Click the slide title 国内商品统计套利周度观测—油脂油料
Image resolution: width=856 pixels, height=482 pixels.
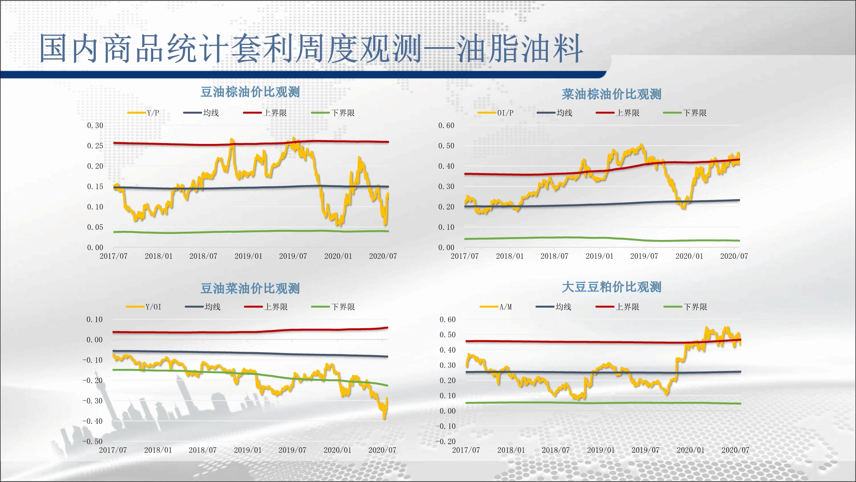pos(311,48)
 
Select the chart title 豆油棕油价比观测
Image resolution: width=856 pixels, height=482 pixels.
pos(250,92)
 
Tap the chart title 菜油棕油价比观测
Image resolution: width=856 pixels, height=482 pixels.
pos(611,94)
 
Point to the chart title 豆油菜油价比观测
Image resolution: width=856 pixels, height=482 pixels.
pos(250,288)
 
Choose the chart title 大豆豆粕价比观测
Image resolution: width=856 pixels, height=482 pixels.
pos(611,287)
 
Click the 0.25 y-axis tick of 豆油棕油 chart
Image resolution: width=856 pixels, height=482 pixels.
pos(95,146)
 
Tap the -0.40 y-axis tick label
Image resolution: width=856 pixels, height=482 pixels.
pos(92,421)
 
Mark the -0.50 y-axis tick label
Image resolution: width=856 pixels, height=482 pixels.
pos(92,442)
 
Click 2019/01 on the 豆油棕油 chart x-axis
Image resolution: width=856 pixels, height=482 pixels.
pos(248,256)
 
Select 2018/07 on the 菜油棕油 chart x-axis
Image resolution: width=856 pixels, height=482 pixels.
pos(554,256)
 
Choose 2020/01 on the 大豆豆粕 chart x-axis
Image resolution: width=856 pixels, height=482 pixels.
pos(690,450)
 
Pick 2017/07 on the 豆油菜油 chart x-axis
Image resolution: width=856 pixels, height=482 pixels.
pos(113,450)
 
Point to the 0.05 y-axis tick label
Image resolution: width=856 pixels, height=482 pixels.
pos(95,228)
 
